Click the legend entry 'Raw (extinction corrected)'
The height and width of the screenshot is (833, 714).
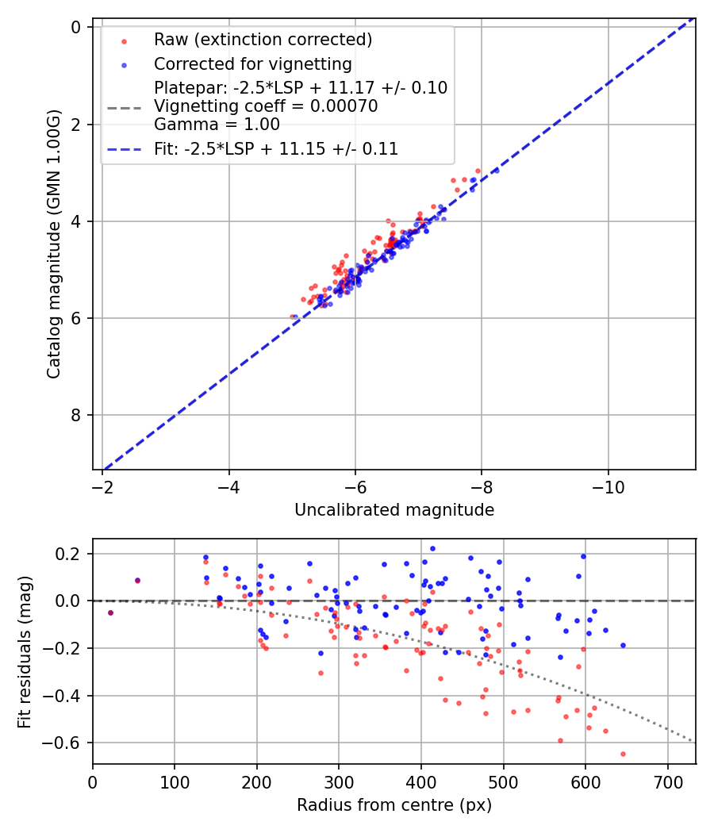pyautogui.click(x=263, y=40)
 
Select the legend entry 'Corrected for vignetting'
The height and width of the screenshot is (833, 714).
pyautogui.click(x=253, y=63)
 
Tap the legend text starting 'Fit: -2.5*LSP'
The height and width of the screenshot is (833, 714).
pyautogui.click(x=276, y=148)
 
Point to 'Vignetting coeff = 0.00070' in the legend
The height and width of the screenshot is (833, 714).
pyautogui.click(x=266, y=106)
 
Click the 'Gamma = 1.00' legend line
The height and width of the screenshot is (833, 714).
pyautogui.click(x=217, y=125)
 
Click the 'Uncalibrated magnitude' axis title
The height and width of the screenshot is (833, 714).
pyautogui.click(x=394, y=510)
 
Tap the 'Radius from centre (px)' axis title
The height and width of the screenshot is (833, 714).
pyautogui.click(x=394, y=805)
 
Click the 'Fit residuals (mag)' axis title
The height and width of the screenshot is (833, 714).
pyautogui.click(x=25, y=651)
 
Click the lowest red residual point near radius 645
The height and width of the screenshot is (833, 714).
pyautogui.click(x=623, y=754)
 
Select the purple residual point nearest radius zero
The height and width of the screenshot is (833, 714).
pyautogui.click(x=110, y=612)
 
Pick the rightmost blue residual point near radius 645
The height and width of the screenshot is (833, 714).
pyautogui.click(x=623, y=645)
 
